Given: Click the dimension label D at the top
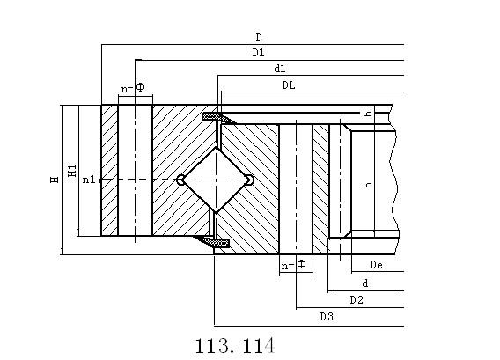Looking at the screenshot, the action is click(259, 38).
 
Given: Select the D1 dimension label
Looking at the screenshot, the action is click(258, 52).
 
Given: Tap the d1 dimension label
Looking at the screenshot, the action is click(280, 69).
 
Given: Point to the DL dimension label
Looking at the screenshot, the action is click(289, 85).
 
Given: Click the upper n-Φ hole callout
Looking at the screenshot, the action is click(133, 87).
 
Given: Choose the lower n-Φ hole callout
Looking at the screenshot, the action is click(293, 265).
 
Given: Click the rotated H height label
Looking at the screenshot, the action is click(55, 180).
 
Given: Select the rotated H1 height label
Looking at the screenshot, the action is click(72, 171).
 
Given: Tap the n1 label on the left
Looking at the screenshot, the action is click(89, 180).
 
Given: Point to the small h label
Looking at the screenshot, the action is click(368, 114).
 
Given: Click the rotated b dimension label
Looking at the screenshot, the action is click(368, 185).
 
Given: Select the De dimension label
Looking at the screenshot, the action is click(376, 265).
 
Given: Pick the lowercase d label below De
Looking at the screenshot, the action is click(365, 283).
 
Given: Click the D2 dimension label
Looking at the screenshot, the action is click(357, 300).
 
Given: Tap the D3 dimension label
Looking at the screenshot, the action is click(327, 317).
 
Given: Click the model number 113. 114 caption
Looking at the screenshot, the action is click(235, 346).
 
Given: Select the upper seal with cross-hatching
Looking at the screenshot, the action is click(218, 117).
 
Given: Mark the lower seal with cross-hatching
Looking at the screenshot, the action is click(212, 242).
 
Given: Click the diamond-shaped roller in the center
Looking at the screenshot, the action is click(216, 180).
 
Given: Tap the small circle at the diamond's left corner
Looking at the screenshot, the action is click(180, 180).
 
